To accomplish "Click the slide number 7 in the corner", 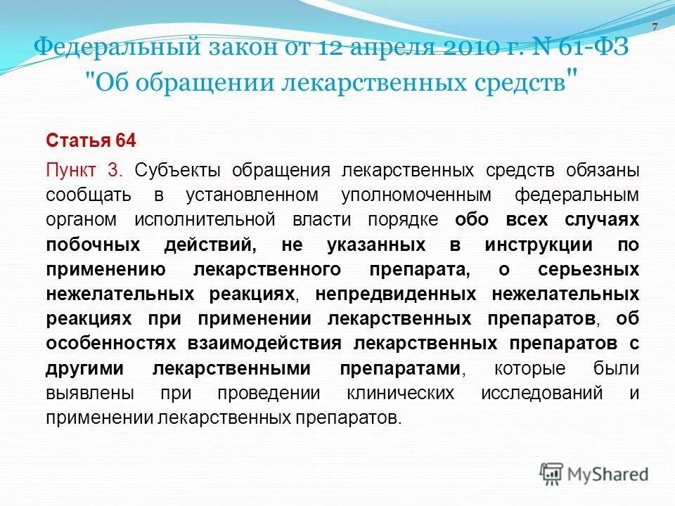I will pos(655,27).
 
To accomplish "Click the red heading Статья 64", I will pos(91,141).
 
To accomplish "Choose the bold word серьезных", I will pos(589,269).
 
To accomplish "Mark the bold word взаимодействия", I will pos(264,344).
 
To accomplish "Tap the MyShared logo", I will pos(594,474).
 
